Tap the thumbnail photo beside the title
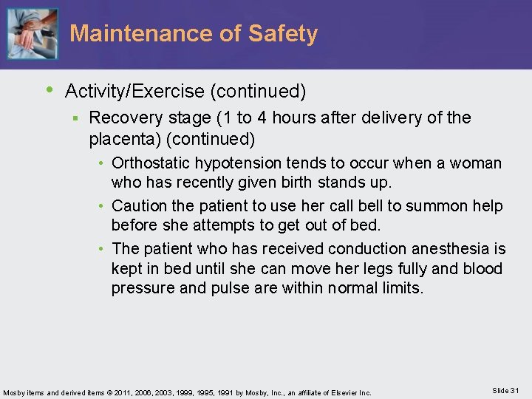pos(32,34)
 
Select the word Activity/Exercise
pos(135,92)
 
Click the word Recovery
pos(123,118)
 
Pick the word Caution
pos(140,205)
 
